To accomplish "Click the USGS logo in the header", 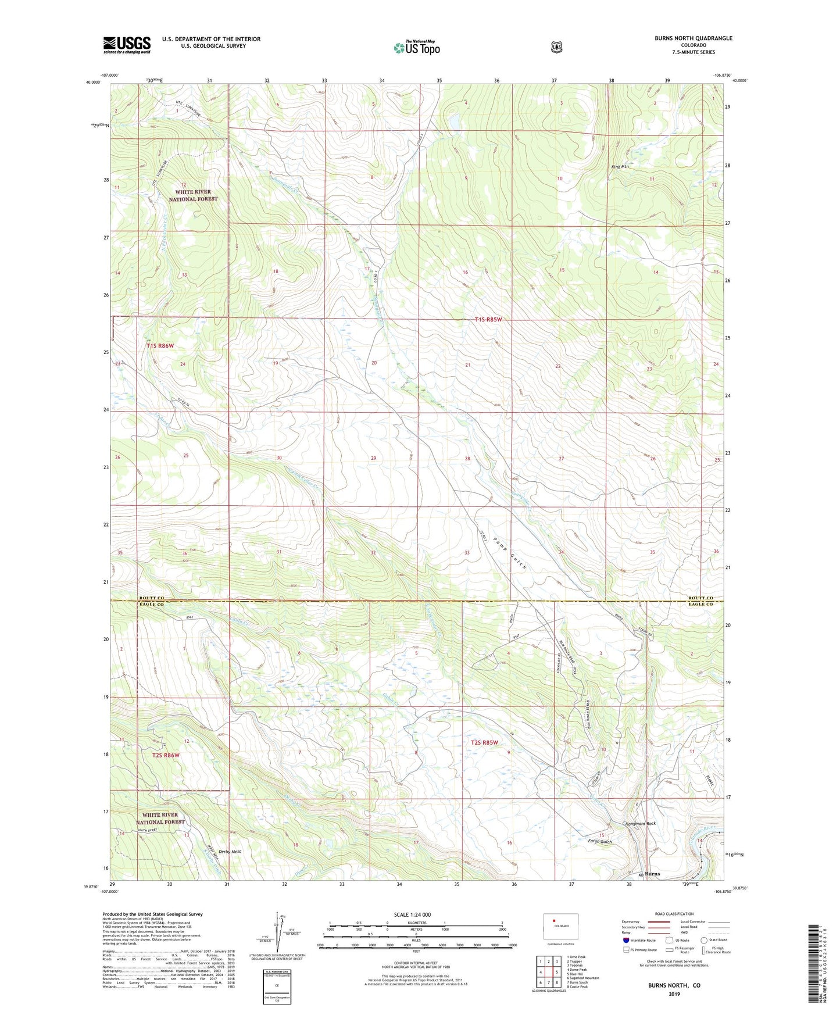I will click(127, 45).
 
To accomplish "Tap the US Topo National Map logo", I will click(416, 47).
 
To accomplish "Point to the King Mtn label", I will click(620, 167).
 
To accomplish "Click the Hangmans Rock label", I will click(639, 823).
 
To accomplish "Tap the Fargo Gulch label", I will click(600, 841).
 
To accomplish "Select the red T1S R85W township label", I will click(488, 320).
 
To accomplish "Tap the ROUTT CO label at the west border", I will click(152, 598).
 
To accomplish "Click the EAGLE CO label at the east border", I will click(700, 604).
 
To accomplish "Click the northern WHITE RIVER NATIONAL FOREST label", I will click(193, 195).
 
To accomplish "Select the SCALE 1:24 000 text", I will click(412, 914).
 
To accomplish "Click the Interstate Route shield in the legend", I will click(625, 939).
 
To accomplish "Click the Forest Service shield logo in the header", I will click(556, 47).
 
